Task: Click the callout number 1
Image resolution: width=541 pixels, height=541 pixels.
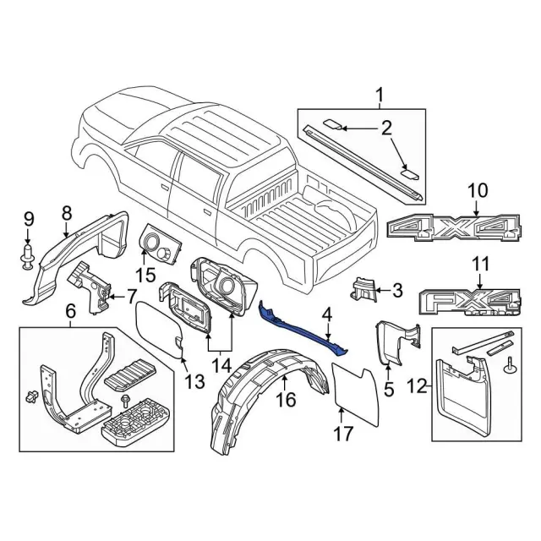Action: [380, 94]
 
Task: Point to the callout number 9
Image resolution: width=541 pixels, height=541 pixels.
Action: [28, 221]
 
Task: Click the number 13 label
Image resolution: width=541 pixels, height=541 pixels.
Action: [194, 381]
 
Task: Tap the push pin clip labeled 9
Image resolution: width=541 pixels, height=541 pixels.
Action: [28, 255]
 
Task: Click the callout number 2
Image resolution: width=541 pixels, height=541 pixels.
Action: [385, 128]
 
